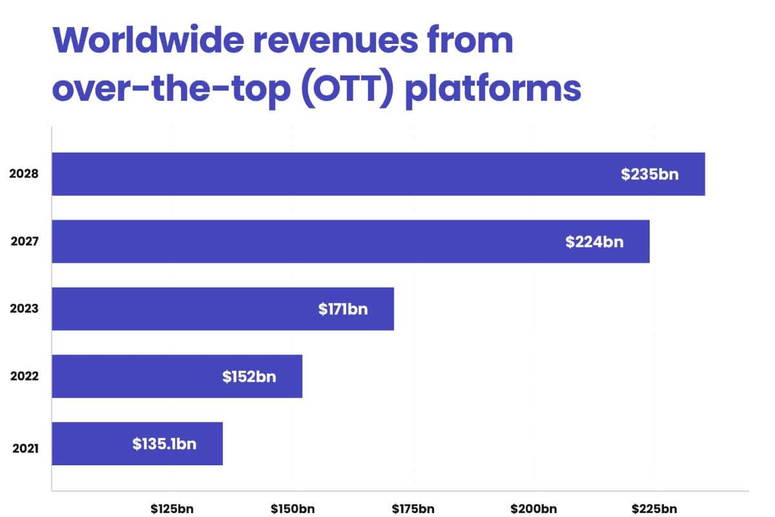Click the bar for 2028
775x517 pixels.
[378, 174]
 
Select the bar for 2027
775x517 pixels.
[351, 241]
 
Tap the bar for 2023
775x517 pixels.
[223, 308]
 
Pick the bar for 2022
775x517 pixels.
[177, 375]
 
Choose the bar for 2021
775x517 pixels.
[137, 443]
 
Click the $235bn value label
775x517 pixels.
[650, 174]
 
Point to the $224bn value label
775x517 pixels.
[594, 241]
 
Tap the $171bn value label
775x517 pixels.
[343, 309]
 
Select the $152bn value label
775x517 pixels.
[249, 376]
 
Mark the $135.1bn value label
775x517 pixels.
[165, 444]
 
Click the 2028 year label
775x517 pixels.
[25, 174]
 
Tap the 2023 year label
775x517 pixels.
[25, 309]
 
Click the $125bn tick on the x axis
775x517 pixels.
[172, 508]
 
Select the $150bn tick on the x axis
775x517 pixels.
[293, 508]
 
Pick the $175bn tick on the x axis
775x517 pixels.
[413, 508]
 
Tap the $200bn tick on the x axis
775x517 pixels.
[533, 508]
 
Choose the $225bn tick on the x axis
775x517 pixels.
[654, 508]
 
